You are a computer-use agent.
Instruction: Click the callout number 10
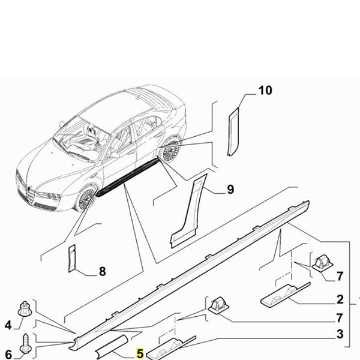265,91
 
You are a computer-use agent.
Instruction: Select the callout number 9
230,191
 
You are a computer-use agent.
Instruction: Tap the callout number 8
102,271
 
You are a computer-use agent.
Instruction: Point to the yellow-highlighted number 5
140,354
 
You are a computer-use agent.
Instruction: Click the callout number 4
8,325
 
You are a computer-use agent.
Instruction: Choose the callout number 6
8,354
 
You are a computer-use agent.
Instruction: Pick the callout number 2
340,299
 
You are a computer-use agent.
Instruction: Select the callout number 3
340,334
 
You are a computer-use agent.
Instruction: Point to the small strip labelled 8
72,258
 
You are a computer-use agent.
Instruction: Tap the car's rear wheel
170,150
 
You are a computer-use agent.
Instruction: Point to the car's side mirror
114,155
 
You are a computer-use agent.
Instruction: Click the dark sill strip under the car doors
129,177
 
